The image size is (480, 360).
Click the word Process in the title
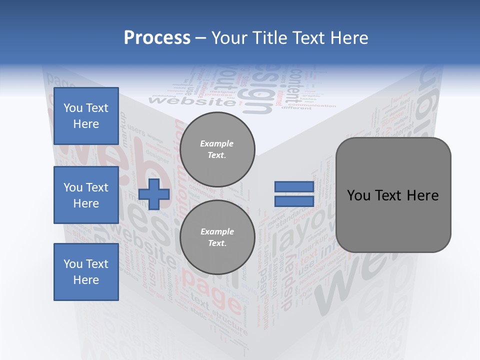tap(157, 37)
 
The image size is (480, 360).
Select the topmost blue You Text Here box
tap(86, 116)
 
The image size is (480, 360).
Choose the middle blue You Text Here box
tap(86, 195)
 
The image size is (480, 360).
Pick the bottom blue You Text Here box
tap(86, 271)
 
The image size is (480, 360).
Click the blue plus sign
tap(154, 194)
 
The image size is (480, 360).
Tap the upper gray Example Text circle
tap(217, 149)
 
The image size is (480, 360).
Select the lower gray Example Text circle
tap(217, 237)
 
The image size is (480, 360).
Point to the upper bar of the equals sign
tap(294, 186)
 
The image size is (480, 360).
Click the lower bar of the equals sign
tap(294, 201)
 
